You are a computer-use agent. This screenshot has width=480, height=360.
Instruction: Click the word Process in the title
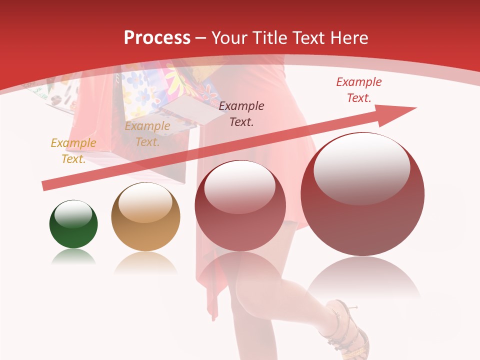[x=157, y=37]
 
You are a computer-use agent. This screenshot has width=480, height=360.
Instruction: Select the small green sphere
[x=73, y=224]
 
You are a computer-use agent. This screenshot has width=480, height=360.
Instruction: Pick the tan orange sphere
[x=145, y=217]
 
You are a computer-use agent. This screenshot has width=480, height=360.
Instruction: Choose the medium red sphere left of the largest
[x=240, y=205]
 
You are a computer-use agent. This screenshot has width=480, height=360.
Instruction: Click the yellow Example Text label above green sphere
[x=73, y=150]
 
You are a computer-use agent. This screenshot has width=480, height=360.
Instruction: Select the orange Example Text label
[x=147, y=134]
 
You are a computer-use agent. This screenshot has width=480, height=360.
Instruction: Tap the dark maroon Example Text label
[x=241, y=113]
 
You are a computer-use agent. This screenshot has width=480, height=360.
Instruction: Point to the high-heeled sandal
[x=345, y=327]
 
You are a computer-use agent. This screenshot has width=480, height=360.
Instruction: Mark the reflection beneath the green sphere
[x=73, y=257]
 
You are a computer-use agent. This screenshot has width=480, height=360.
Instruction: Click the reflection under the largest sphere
[x=363, y=277]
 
